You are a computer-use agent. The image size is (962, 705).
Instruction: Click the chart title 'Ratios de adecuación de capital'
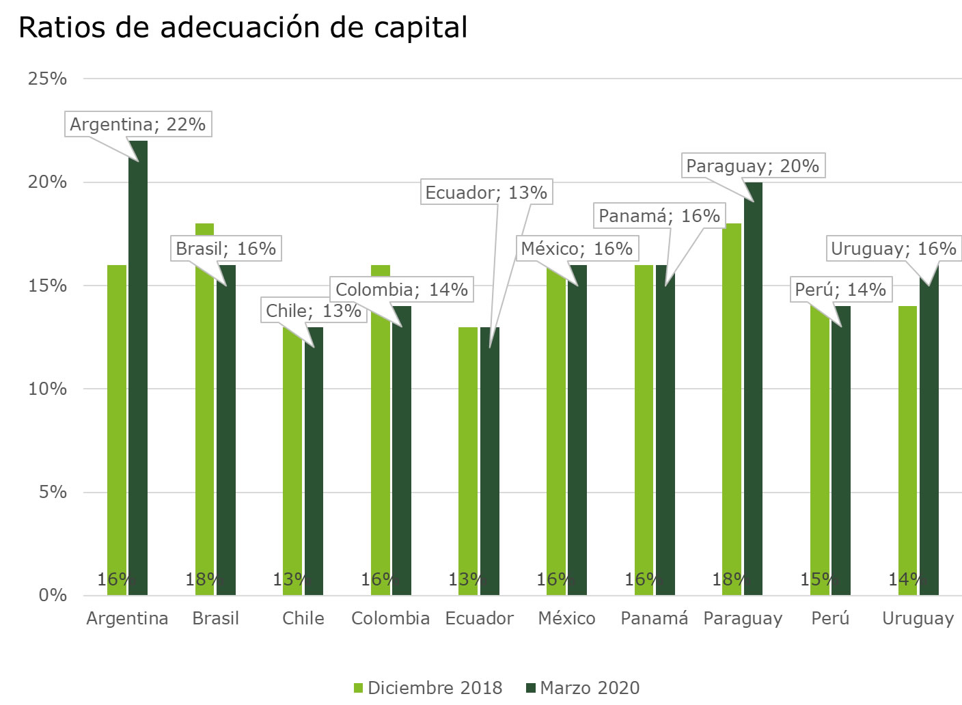[x=243, y=28]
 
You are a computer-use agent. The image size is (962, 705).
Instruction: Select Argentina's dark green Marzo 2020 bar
[x=138, y=369]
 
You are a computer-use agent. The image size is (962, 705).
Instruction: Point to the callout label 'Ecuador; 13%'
[x=486, y=193]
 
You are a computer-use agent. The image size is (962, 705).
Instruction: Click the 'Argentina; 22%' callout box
[x=137, y=124]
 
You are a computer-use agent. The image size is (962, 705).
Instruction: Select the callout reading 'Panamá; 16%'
[x=659, y=216]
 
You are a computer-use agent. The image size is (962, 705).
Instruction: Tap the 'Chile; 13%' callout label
[x=313, y=311]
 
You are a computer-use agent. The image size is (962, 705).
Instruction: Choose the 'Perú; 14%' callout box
[x=840, y=290]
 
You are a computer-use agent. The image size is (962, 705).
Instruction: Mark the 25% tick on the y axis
[x=47, y=79]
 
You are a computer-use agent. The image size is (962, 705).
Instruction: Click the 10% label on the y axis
[x=47, y=389]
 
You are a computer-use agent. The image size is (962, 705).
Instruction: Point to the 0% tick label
[x=53, y=595]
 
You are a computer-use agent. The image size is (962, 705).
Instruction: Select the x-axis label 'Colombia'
[x=390, y=618]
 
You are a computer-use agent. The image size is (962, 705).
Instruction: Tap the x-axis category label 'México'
[x=566, y=618]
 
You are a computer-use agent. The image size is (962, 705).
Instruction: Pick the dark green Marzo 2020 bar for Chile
[x=314, y=465]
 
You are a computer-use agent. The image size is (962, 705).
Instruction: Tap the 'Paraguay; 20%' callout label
[x=752, y=166]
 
